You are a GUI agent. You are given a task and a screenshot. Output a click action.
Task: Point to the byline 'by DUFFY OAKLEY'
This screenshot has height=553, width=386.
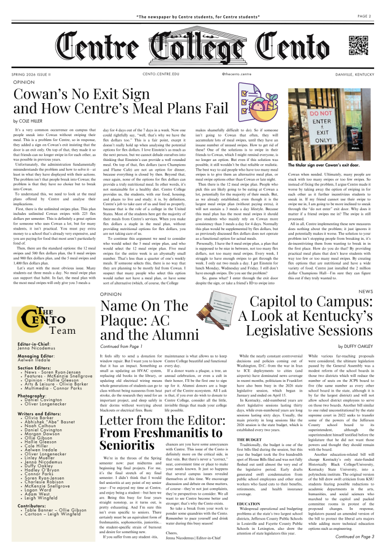coord(356,346)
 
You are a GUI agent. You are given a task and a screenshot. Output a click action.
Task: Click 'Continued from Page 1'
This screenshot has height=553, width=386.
coord(121,346)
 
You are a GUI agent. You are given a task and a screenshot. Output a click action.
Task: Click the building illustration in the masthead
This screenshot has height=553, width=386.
coord(192,48)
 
